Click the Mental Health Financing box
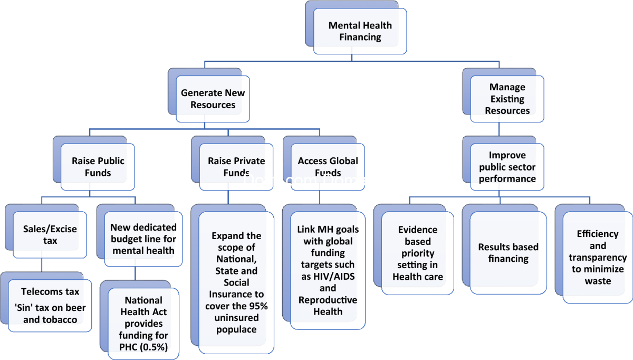[360, 31]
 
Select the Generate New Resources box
[213, 99]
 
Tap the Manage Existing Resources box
[507, 99]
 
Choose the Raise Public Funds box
[98, 166]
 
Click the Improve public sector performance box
[507, 167]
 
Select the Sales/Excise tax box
[50, 235]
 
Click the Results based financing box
[509, 253]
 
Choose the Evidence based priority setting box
[418, 253]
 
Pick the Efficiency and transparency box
[598, 257]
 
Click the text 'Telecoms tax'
[50, 291]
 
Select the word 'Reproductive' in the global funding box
[328, 300]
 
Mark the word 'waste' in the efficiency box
[598, 281]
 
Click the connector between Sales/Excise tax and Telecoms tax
[42, 265]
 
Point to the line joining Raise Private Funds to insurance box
[228, 197]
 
